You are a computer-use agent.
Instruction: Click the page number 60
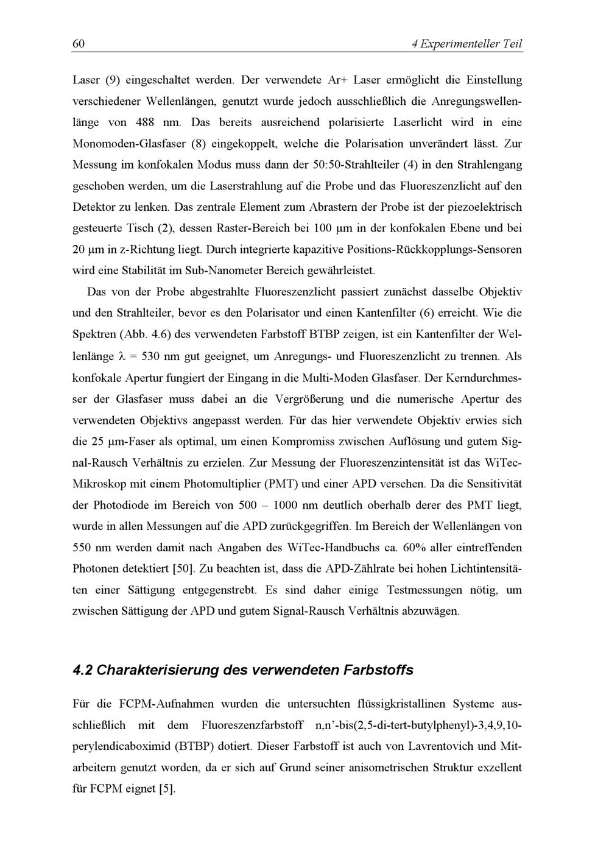click(78, 44)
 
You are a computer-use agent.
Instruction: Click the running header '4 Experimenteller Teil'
click(467, 44)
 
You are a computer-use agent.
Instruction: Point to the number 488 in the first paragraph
click(144, 122)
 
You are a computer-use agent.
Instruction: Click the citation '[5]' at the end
click(167, 789)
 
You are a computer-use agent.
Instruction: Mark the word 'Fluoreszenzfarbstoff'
click(252, 725)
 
